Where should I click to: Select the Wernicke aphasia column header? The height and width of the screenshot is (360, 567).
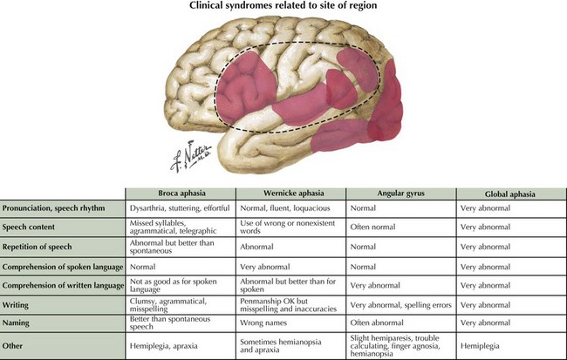pos(290,193)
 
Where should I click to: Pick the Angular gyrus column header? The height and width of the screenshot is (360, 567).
pos(401,193)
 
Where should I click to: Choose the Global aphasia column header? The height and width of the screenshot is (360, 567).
pos(510,193)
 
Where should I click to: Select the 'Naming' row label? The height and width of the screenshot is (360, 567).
pos(19,323)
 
